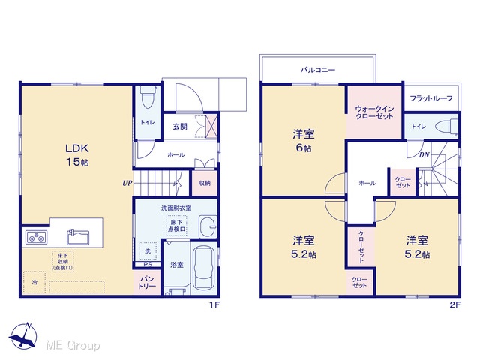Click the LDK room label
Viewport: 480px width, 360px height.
click(77, 155)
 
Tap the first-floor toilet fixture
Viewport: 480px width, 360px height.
click(148, 97)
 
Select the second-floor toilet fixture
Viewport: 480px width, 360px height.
click(447, 127)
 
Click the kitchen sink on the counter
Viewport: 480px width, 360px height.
click(78, 237)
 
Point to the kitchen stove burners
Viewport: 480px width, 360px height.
click(37, 237)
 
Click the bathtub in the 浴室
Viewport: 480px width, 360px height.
click(203, 268)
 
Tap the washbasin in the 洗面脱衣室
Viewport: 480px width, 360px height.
click(208, 226)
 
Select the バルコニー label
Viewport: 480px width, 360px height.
click(318, 70)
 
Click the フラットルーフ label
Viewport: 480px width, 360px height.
click(431, 98)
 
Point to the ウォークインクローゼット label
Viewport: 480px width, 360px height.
click(374, 112)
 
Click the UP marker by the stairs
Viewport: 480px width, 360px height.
click(127, 183)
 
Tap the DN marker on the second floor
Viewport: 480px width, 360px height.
click(424, 155)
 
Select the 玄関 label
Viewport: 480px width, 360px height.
click(180, 127)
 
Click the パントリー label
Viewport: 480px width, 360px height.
click(147, 283)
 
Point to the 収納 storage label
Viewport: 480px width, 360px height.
click(205, 183)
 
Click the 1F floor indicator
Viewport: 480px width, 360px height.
click(215, 305)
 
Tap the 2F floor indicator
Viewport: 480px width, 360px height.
click(455, 305)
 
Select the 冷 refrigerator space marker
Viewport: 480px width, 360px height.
click(34, 282)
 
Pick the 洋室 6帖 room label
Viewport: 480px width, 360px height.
click(303, 141)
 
